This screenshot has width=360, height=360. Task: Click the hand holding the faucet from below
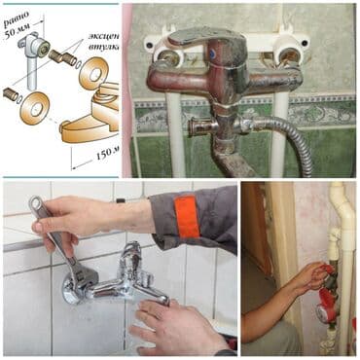(x=175, y=326)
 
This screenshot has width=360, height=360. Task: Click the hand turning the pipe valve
(x=309, y=277)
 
